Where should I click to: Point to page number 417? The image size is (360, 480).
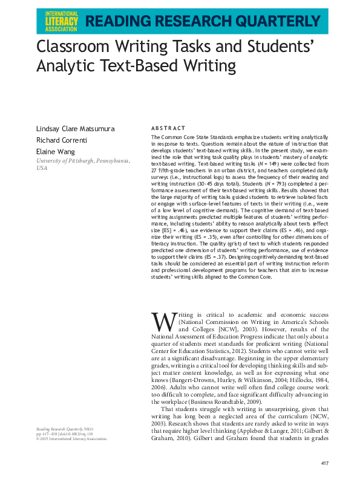pos(324,462)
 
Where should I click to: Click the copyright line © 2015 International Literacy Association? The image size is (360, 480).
pos(72,439)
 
